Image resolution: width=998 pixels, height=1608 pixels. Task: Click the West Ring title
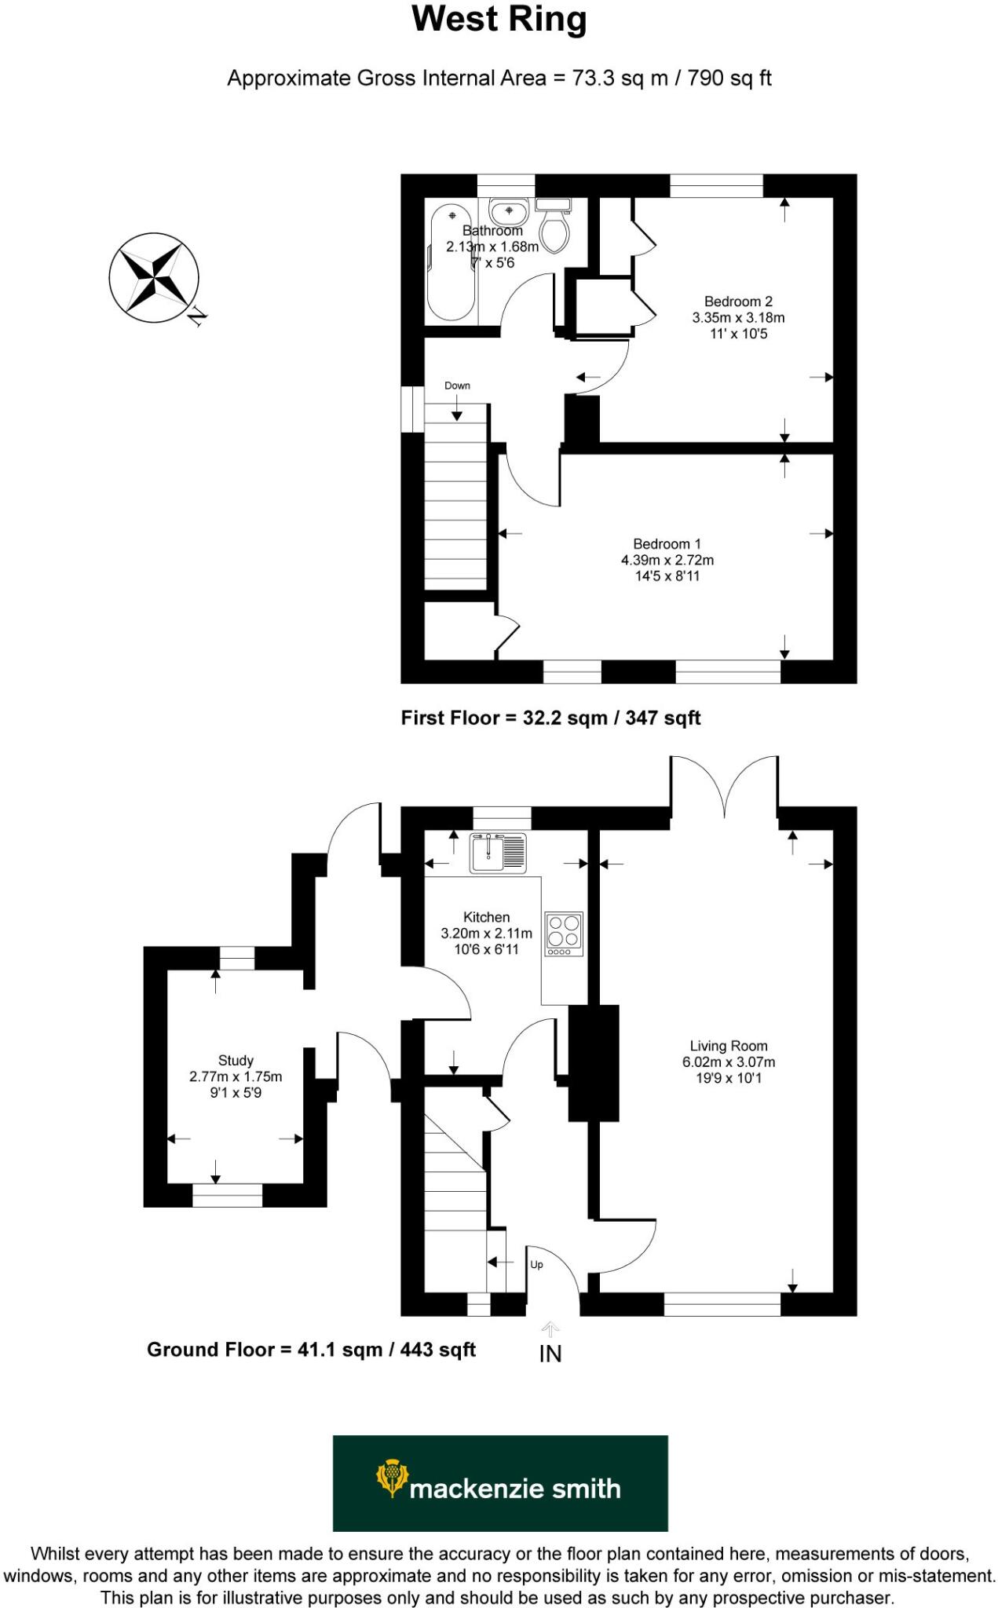[499, 20]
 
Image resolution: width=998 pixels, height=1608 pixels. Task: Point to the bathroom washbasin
[508, 212]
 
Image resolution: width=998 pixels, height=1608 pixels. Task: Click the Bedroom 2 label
[737, 301]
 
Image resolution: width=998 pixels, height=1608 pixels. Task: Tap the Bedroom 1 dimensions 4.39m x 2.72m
[667, 560]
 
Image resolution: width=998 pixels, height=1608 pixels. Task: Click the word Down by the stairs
[457, 386]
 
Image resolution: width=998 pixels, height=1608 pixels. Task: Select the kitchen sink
[498, 853]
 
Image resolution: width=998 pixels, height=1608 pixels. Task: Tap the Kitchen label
[486, 917]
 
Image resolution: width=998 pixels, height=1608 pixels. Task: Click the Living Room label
[728, 1046]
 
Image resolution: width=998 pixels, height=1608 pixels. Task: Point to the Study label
[236, 1060]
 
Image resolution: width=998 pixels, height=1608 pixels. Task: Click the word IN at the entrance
[550, 1354]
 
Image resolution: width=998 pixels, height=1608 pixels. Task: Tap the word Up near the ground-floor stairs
[536, 1265]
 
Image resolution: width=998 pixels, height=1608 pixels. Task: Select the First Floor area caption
[550, 718]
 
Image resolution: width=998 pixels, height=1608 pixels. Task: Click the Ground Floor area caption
[311, 1350]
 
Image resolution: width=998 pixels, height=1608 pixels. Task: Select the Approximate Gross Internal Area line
[499, 79]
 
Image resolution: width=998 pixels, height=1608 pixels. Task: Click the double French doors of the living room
[724, 789]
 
